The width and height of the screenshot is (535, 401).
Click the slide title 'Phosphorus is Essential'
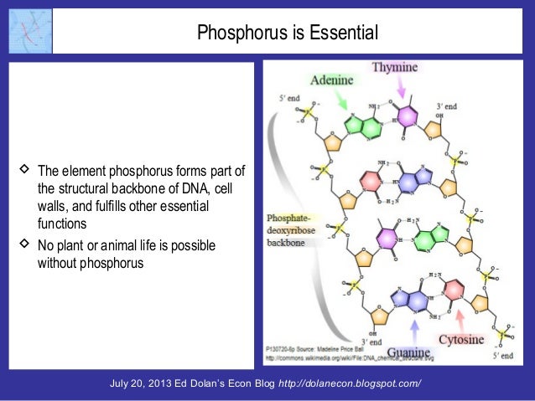tap(288, 33)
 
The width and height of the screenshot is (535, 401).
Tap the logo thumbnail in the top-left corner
tap(29, 31)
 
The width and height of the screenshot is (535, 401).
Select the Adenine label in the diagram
tap(332, 81)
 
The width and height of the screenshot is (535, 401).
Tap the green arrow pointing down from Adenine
tap(342, 101)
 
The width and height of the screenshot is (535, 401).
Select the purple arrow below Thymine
tap(401, 86)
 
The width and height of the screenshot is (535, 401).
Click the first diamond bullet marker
tap(23, 167)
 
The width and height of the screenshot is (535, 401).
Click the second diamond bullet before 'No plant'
tap(23, 244)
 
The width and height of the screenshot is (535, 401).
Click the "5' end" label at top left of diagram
tap(290, 100)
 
